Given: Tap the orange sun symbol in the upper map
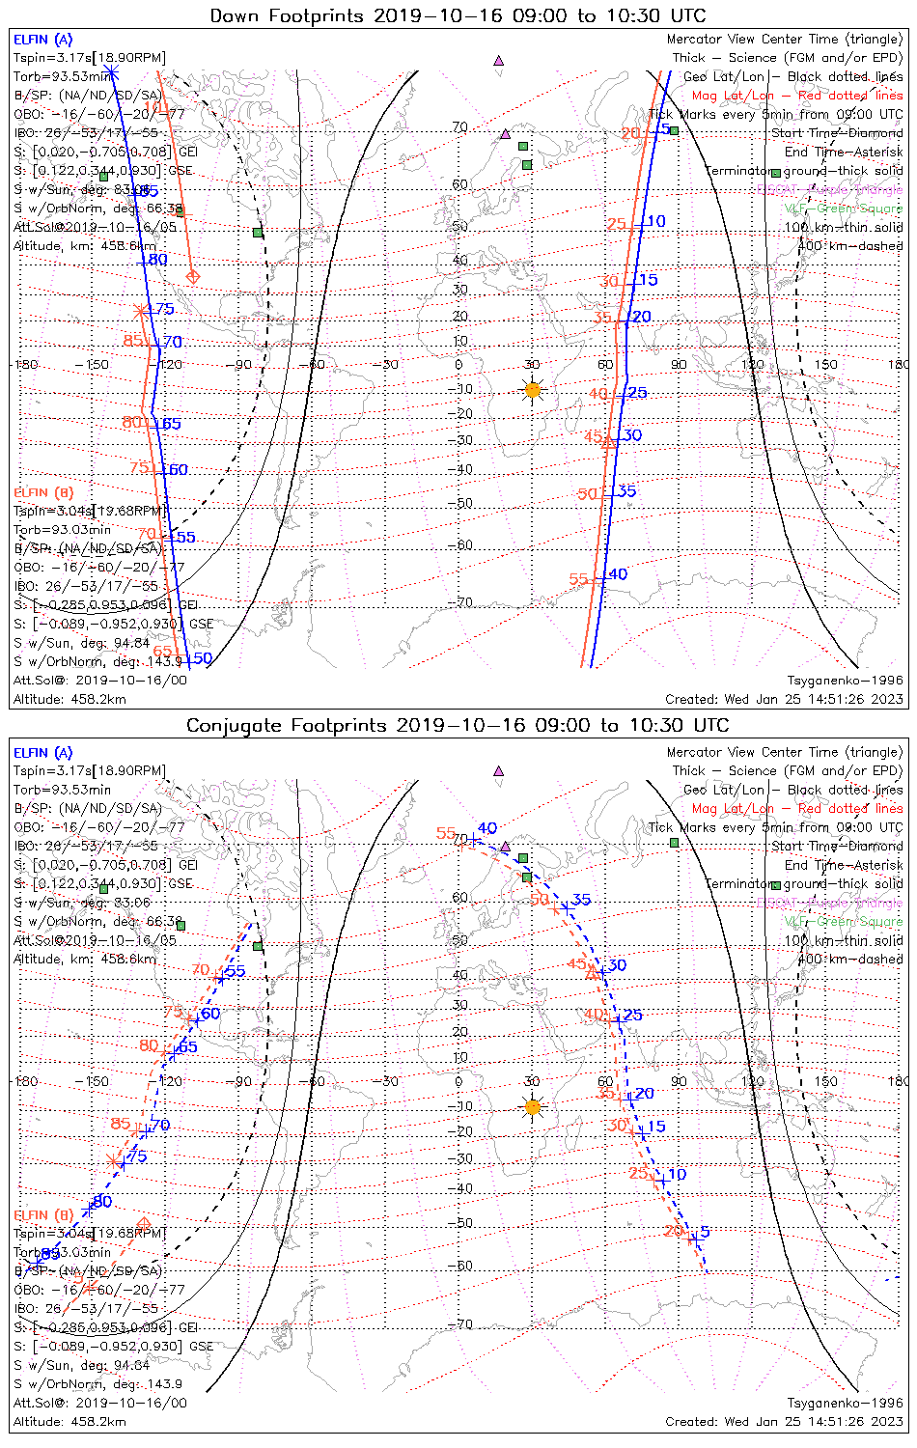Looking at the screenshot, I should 532,390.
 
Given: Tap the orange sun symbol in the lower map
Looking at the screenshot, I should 532,1106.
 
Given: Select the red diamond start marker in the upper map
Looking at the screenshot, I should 192,278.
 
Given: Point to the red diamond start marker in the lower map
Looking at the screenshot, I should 144,1224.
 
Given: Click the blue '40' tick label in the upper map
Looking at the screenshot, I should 618,574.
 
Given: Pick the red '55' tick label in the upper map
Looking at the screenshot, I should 578,579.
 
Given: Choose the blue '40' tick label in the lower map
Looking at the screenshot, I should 487,828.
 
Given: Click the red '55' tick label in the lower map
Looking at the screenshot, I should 445,833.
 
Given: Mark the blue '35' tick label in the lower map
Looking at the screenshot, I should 581,900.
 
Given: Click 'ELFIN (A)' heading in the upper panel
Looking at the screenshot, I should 42,40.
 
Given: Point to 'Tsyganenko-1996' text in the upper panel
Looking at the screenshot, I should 845,681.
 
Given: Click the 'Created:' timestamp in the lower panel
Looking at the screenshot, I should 784,1421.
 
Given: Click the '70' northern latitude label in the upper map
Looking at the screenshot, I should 460,126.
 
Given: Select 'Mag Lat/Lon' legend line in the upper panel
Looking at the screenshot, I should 797,96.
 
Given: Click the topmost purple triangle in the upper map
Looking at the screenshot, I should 499,60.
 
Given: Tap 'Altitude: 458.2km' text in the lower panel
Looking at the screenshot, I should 69,1421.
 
